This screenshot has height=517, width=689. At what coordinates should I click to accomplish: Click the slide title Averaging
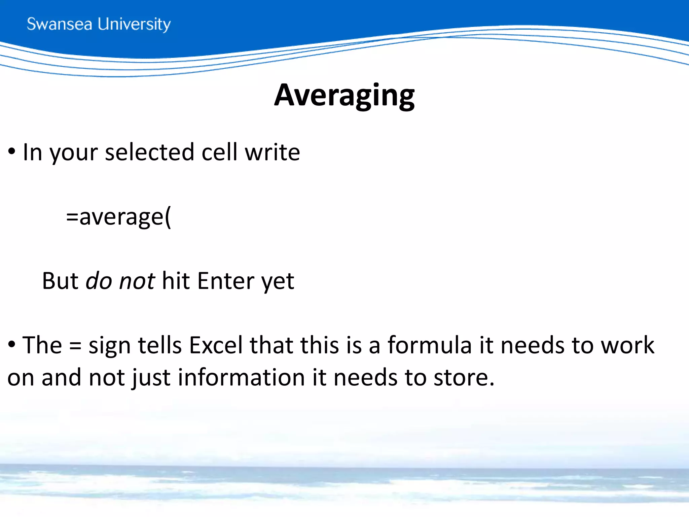pyautogui.click(x=344, y=95)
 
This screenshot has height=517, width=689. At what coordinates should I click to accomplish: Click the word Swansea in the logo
pyautogui.click(x=59, y=24)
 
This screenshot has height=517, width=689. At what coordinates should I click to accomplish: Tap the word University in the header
pyautogui.click(x=134, y=24)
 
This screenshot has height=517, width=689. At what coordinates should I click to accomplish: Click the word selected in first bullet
pyautogui.click(x=149, y=152)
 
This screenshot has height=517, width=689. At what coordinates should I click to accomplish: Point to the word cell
pyautogui.click(x=219, y=152)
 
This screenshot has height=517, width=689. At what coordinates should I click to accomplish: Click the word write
pyautogui.click(x=272, y=152)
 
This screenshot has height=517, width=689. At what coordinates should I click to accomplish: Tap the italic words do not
pyautogui.click(x=120, y=281)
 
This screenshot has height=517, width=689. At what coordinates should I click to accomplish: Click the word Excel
pyautogui.click(x=216, y=345)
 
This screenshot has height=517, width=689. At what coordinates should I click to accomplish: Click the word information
pyautogui.click(x=241, y=377)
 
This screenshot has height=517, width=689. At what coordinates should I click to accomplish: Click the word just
pyautogui.click(x=151, y=378)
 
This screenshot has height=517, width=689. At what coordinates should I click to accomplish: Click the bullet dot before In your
pyautogui.click(x=12, y=151)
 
